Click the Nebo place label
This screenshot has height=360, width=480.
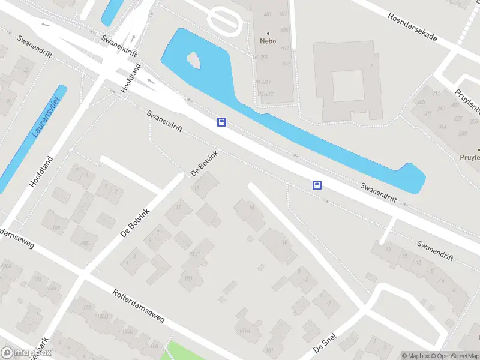click(x=268, y=41)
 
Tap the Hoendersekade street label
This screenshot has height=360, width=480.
click(x=420, y=28)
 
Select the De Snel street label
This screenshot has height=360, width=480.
click(x=325, y=344)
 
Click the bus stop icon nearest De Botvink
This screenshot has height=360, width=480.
click(x=221, y=122)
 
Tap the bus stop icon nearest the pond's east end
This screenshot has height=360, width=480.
click(x=317, y=185)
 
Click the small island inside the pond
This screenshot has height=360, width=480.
click(x=194, y=59)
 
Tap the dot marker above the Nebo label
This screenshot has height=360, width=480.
click(x=268, y=33)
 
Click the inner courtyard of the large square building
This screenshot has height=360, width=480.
click(x=348, y=85)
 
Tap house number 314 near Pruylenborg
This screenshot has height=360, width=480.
click(x=443, y=127)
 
